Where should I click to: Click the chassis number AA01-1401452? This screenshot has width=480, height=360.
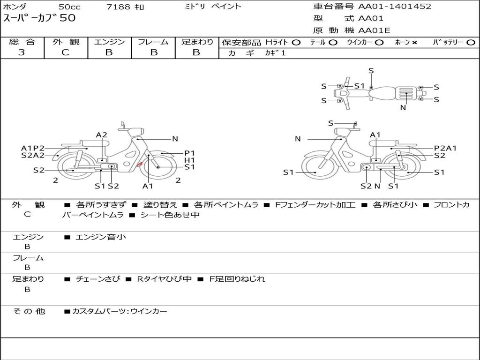(395, 6)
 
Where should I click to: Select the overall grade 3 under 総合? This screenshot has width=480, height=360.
(22, 52)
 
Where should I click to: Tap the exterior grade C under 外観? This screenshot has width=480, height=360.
(65, 52)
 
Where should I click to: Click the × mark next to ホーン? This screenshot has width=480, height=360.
(414, 43)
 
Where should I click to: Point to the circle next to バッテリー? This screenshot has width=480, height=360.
(471, 43)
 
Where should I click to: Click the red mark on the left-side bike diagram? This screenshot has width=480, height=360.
(139, 164)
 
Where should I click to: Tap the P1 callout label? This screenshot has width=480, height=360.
(189, 153)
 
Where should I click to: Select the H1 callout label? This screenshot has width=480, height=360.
(189, 160)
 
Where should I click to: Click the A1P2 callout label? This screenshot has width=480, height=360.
(33, 149)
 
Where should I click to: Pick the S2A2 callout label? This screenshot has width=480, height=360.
(33, 155)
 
